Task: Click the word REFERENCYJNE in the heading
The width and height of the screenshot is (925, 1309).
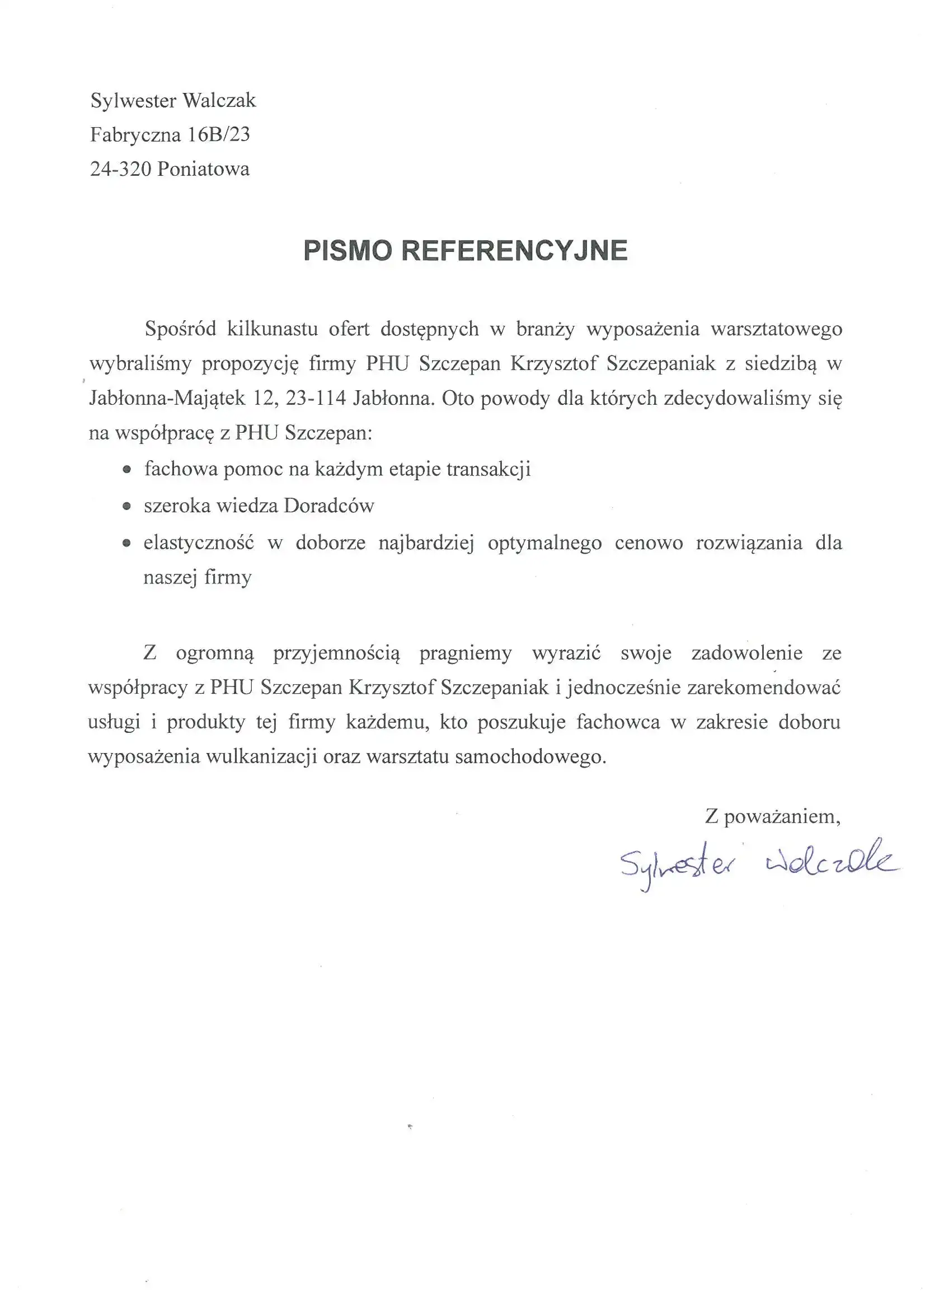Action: point(514,251)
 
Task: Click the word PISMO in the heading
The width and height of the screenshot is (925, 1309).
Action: point(348,251)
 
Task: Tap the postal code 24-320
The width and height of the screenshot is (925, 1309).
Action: point(121,169)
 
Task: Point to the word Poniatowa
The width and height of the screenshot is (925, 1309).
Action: point(204,169)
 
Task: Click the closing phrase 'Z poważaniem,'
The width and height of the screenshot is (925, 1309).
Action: point(773,816)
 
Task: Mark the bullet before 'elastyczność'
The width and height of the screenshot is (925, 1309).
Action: point(127,543)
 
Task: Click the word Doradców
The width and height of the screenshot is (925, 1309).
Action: point(329,506)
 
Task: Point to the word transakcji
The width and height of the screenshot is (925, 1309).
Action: point(489,469)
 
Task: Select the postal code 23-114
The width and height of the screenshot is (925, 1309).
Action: point(316,398)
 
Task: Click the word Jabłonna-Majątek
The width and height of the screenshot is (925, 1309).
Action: point(167,398)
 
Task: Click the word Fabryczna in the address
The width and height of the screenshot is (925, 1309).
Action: point(135,134)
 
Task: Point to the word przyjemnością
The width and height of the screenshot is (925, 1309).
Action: point(336,653)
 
